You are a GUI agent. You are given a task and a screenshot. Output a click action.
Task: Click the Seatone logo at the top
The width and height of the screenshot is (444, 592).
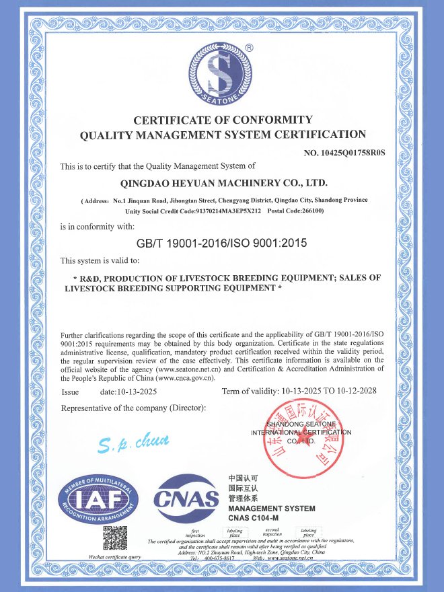click(x=223, y=75)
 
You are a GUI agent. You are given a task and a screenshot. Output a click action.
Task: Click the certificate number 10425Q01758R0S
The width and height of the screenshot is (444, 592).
click(x=344, y=153)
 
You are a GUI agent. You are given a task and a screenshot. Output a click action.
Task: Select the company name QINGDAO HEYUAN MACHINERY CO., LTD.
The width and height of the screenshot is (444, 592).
click(x=223, y=182)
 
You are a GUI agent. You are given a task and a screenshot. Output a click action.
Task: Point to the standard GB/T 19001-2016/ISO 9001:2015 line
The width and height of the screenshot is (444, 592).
click(x=221, y=243)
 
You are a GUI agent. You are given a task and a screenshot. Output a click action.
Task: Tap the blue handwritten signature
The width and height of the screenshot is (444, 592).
click(x=142, y=442)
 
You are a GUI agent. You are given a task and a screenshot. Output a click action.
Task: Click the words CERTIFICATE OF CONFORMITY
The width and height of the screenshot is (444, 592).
click(x=223, y=120)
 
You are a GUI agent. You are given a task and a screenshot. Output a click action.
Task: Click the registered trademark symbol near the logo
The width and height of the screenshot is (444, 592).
click(x=249, y=48)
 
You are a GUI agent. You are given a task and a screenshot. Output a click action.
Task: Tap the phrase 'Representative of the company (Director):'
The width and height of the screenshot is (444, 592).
click(x=133, y=408)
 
